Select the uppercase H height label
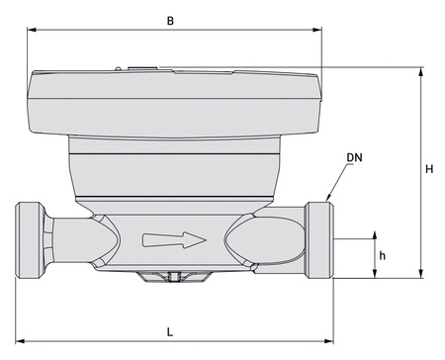click(x=429, y=169)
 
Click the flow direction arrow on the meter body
click(x=174, y=239)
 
